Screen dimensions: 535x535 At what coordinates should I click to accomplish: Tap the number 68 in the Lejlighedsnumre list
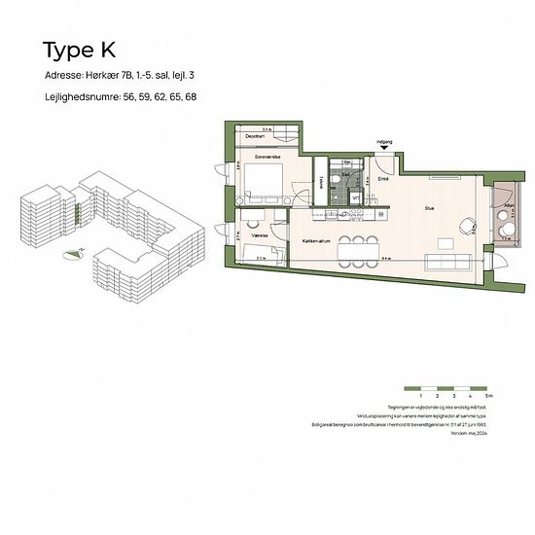(x=191, y=98)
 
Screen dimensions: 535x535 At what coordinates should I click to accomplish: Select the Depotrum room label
(x=256, y=136)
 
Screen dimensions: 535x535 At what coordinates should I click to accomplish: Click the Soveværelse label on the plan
(x=268, y=156)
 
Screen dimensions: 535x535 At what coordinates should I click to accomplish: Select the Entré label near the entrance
(x=383, y=178)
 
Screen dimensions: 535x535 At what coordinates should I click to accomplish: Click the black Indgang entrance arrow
(x=386, y=150)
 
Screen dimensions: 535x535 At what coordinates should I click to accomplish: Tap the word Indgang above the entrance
(x=386, y=141)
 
